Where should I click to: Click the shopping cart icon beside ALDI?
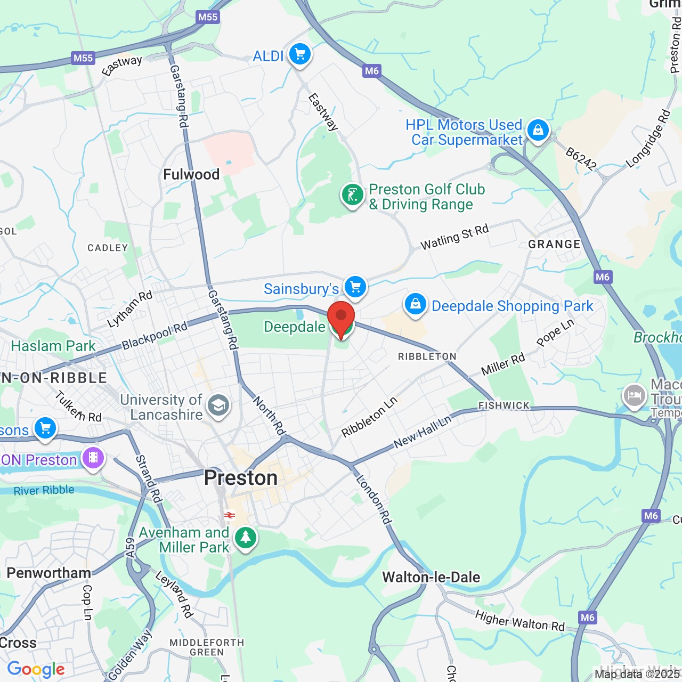pyautogui.click(x=300, y=54)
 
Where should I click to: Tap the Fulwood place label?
pyautogui.click(x=191, y=174)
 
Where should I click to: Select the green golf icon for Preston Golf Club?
pyautogui.click(x=352, y=196)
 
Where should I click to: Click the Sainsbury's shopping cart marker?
pyautogui.click(x=355, y=287)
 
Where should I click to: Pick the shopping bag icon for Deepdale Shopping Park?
pyautogui.click(x=415, y=304)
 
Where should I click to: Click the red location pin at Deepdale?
pyautogui.click(x=341, y=318)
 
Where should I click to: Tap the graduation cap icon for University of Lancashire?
pyautogui.click(x=218, y=406)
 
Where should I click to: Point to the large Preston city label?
pyautogui.click(x=241, y=478)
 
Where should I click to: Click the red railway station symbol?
pyautogui.click(x=230, y=515)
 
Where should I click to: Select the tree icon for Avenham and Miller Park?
pyautogui.click(x=245, y=538)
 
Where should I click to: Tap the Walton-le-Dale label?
pyautogui.click(x=431, y=577)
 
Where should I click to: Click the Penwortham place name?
pyautogui.click(x=48, y=573)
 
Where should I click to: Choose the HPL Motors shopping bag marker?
pyautogui.click(x=538, y=131)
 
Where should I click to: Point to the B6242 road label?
pyautogui.click(x=581, y=159)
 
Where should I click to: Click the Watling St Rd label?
pyautogui.click(x=454, y=238)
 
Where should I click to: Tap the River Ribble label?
pyautogui.click(x=44, y=490)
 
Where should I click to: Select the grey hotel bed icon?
pyautogui.click(x=635, y=396)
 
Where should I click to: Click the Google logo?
pyautogui.click(x=36, y=669)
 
